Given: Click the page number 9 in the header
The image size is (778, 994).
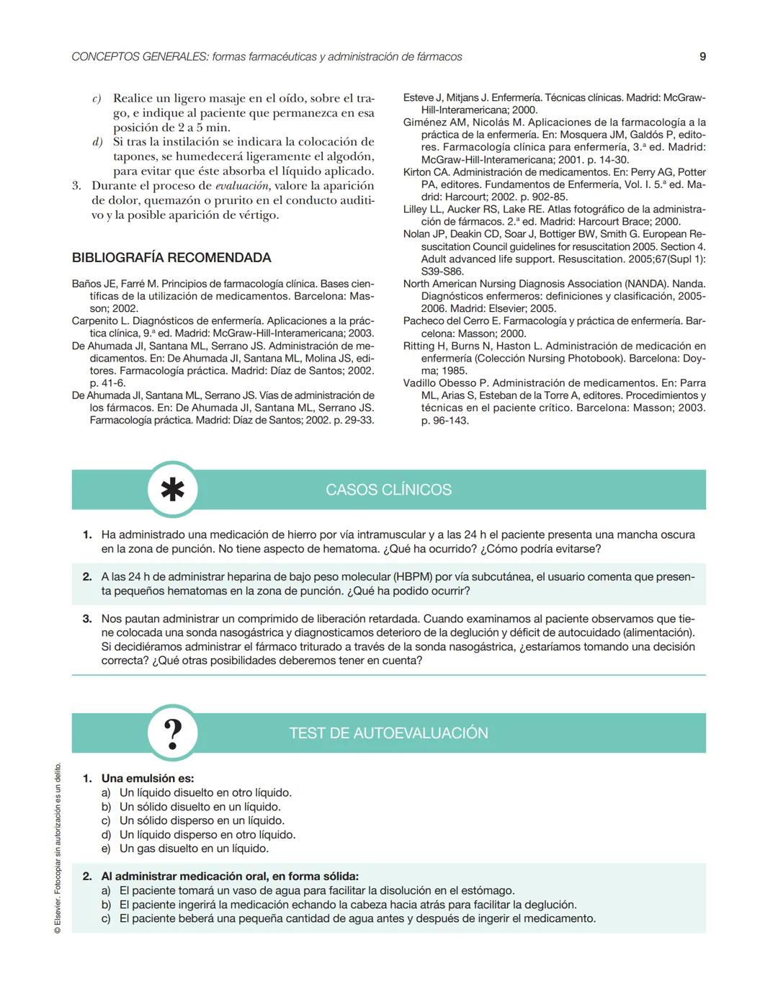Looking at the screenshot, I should (x=702, y=56).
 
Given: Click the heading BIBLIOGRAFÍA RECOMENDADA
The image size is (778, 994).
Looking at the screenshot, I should (x=171, y=258).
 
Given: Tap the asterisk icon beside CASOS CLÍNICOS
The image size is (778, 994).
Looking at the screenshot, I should (x=172, y=490).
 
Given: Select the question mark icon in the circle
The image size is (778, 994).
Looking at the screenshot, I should (x=172, y=733).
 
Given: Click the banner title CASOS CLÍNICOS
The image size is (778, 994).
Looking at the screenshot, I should (x=388, y=490).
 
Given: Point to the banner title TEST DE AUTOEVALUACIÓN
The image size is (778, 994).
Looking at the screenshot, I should (x=388, y=733).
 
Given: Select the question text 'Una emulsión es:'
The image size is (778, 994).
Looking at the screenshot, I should (x=148, y=779).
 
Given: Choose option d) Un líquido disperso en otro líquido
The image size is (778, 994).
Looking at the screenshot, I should (x=207, y=835).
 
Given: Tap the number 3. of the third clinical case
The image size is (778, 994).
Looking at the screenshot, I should (x=87, y=619).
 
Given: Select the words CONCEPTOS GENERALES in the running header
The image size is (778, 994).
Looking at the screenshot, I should (x=140, y=56).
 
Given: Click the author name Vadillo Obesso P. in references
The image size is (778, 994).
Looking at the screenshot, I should (x=446, y=383).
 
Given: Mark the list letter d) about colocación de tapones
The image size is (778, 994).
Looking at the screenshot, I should (x=98, y=142).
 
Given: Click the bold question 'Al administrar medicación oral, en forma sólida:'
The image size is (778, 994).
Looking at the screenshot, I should (x=230, y=877).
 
